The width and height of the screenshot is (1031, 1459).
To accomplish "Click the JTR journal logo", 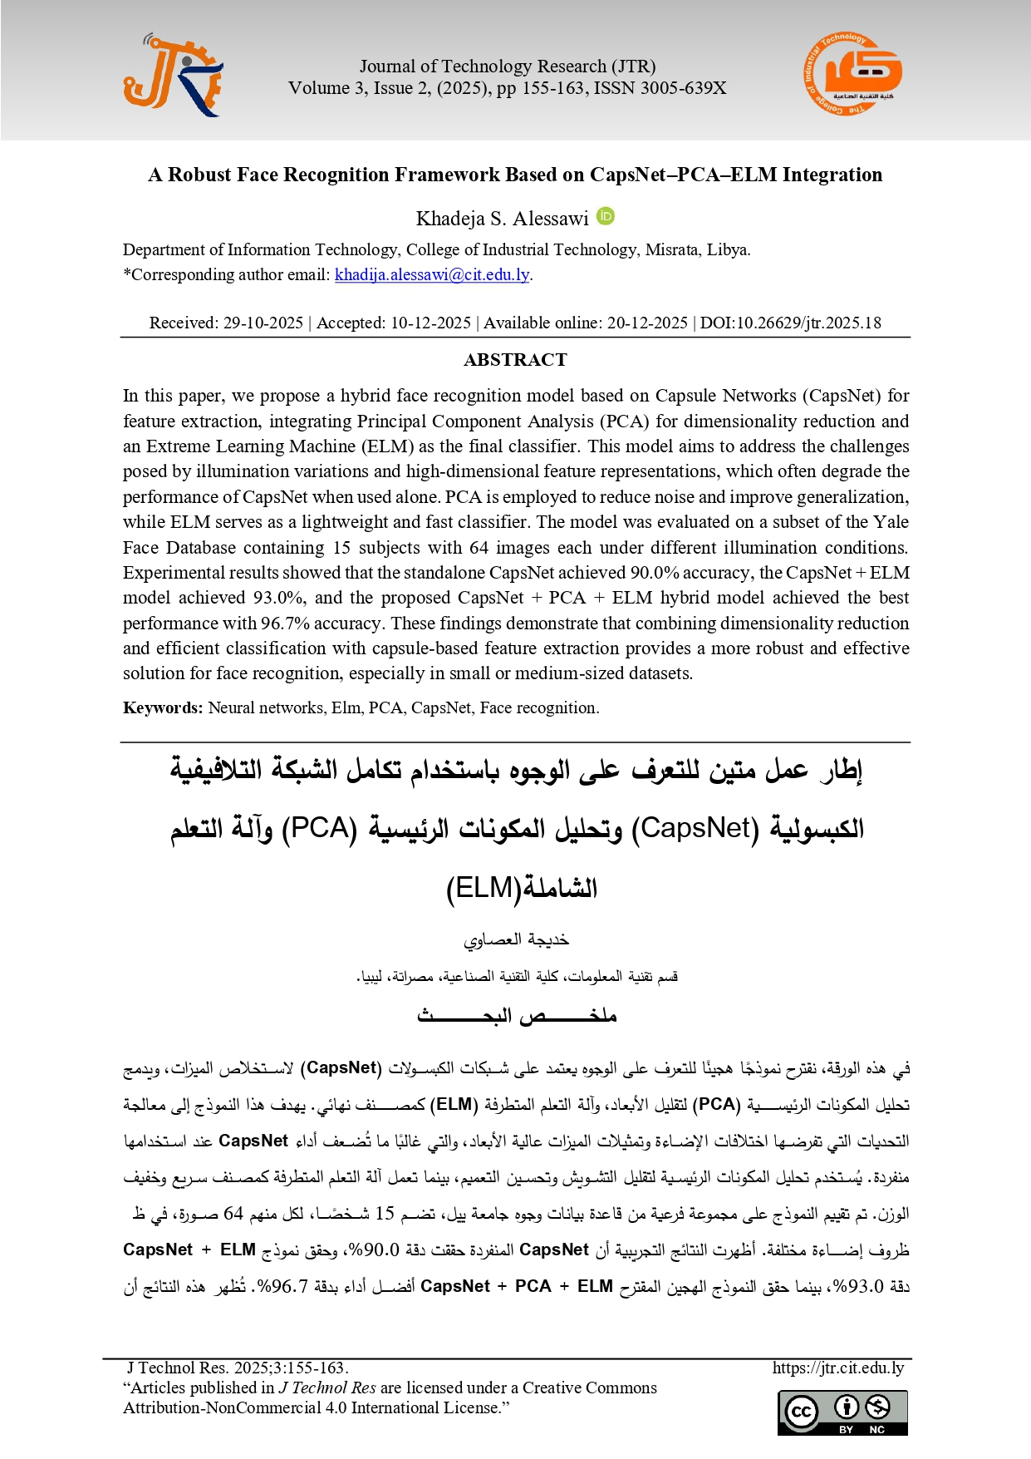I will point(173,76).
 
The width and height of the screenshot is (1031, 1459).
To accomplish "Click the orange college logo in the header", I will point(852,74).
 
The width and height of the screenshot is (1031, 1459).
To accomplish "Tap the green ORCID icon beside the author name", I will point(606,216).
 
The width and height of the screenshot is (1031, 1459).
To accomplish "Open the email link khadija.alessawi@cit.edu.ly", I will point(431,275).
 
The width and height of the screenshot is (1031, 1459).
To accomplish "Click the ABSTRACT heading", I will point(515,360).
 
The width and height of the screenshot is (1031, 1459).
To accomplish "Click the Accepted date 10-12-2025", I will point(430,323).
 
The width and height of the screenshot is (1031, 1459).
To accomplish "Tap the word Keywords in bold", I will point(162,707).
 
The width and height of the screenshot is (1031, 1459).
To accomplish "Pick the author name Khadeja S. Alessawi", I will point(502,219).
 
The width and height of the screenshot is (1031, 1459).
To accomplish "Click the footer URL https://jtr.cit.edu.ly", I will point(837,1368).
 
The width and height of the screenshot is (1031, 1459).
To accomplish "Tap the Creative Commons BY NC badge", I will point(842,1412).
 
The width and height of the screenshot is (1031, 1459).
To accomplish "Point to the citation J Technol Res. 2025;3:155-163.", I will point(238,1368).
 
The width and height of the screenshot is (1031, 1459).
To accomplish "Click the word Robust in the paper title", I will point(199,175).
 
